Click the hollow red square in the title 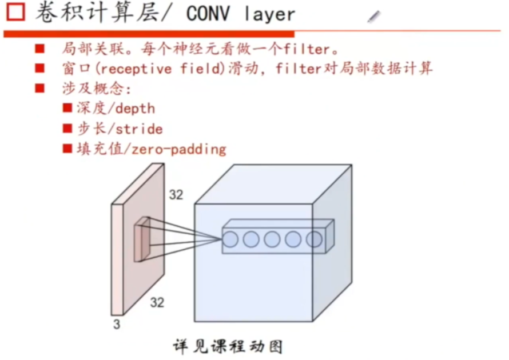tap(15, 13)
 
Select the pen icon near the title tap(374, 17)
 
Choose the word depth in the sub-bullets tap(135, 108)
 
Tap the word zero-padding tap(179, 150)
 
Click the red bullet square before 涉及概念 tap(40, 89)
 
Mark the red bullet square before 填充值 tap(67, 149)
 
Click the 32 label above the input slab tap(176, 195)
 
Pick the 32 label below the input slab tap(157, 302)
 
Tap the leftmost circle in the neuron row tap(230, 239)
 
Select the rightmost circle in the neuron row tap(314, 239)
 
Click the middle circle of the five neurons tap(272, 239)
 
